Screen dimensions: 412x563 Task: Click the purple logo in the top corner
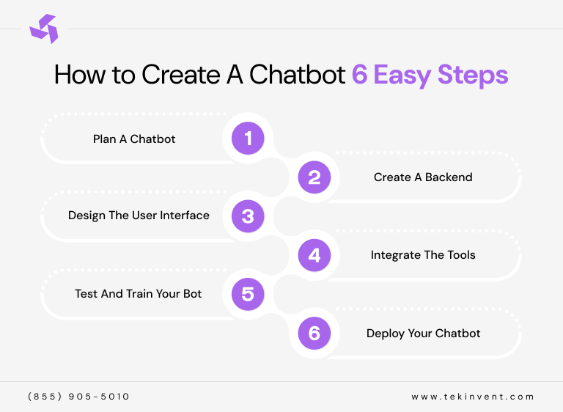tap(43, 29)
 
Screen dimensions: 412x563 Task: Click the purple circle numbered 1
tap(248, 139)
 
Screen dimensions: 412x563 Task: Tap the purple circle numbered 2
tap(314, 177)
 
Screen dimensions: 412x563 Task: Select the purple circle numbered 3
tap(248, 216)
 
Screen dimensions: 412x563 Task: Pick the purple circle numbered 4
tap(314, 255)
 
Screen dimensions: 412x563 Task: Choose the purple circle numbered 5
tap(248, 294)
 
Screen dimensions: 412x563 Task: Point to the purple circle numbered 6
tap(314, 334)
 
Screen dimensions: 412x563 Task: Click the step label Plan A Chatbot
tap(134, 139)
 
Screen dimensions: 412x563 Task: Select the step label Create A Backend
tap(423, 177)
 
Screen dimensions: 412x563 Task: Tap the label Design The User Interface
tap(139, 216)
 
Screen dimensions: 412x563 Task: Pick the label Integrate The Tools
tap(423, 255)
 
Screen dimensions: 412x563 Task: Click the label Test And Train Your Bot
tap(138, 294)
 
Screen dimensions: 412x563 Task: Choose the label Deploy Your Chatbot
tap(423, 334)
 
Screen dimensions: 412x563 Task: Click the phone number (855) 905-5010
tap(78, 397)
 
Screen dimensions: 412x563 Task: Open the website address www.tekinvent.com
tap(472, 397)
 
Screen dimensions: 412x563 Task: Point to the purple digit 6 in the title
tap(359, 76)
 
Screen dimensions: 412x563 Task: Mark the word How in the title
tap(79, 76)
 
